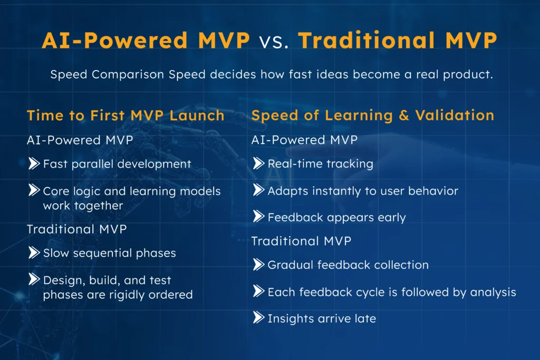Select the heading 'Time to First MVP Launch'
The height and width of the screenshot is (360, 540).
click(x=126, y=115)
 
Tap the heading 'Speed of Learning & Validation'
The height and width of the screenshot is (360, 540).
click(x=372, y=115)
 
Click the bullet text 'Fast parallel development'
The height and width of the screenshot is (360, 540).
click(x=117, y=164)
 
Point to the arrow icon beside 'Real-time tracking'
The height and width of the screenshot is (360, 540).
click(x=258, y=163)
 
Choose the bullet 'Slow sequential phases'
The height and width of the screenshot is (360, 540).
click(x=109, y=253)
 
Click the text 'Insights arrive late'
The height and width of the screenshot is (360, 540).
click(x=322, y=318)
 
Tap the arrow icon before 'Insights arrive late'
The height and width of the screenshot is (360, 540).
click(x=258, y=318)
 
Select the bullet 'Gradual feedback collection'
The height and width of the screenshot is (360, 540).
click(x=348, y=265)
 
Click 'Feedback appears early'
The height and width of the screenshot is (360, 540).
click(x=336, y=217)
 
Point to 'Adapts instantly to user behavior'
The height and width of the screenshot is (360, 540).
click(x=363, y=191)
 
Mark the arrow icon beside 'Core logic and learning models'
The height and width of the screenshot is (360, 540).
click(x=34, y=190)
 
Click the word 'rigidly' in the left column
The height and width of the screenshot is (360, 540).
click(x=123, y=295)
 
